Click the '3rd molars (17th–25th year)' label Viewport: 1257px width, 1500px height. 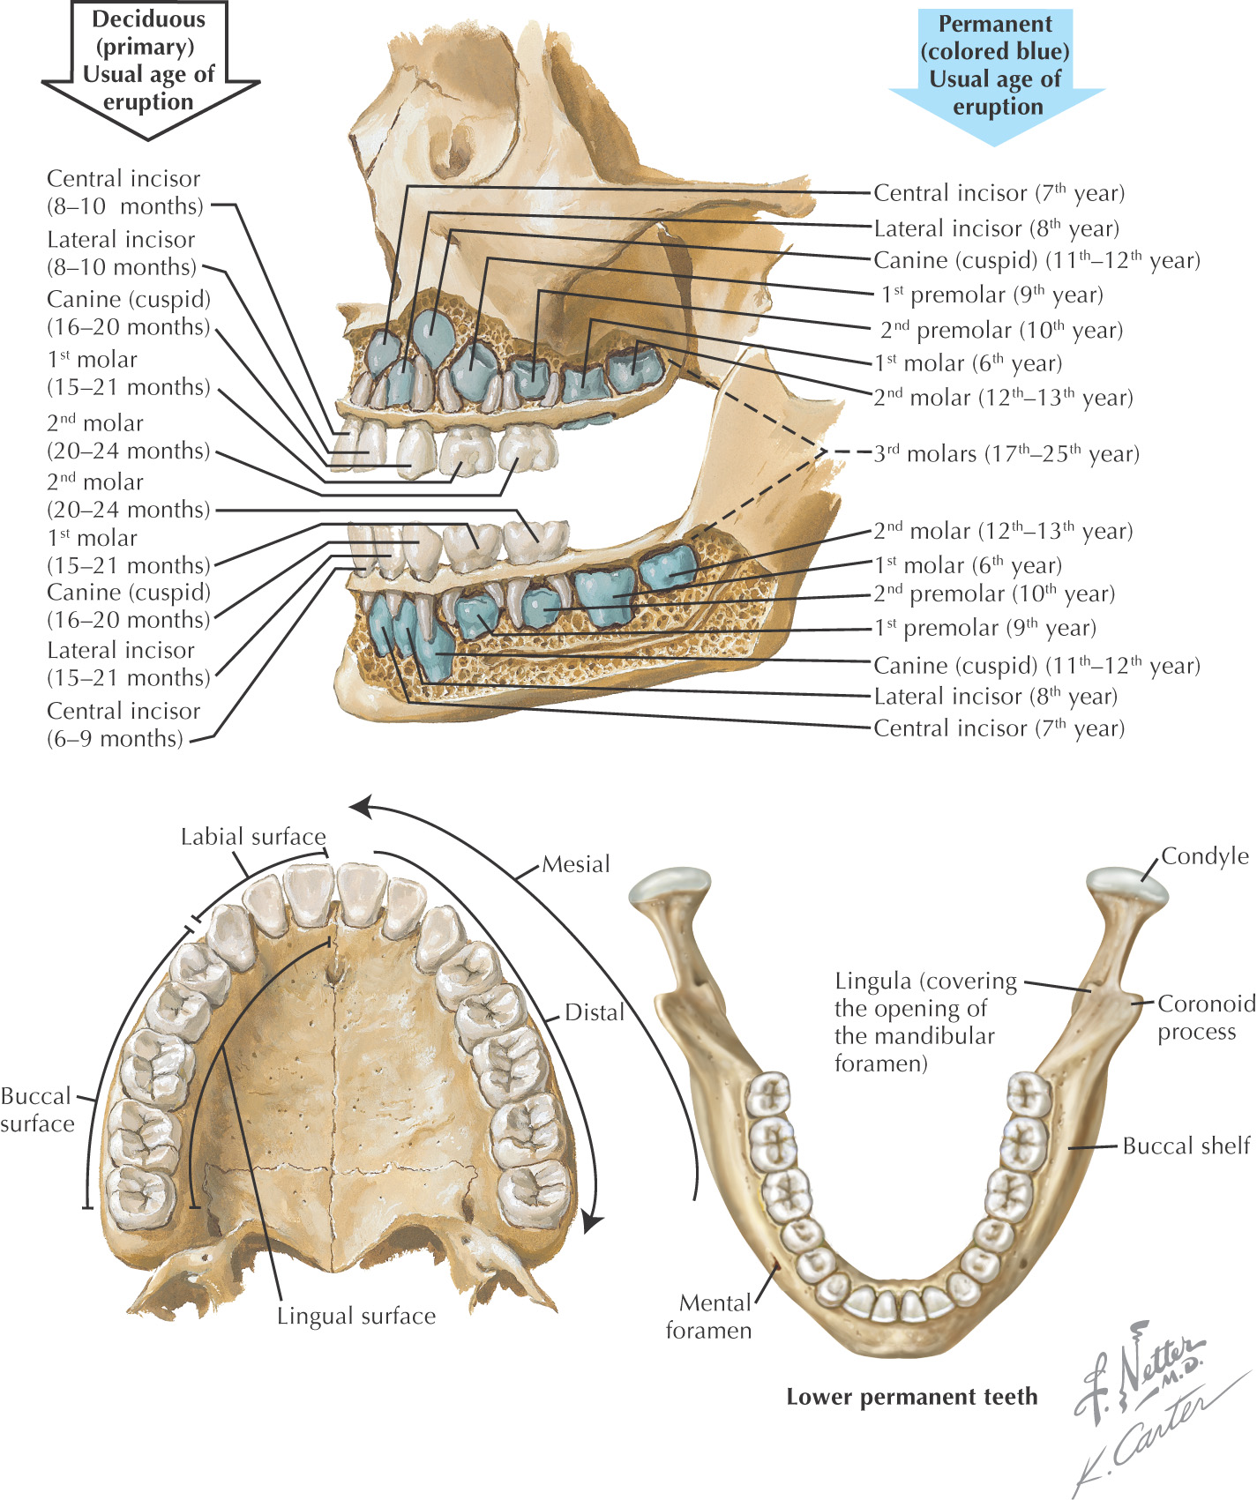pyautogui.click(x=1006, y=454)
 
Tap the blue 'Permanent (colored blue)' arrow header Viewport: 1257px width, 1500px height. pyautogui.click(x=996, y=66)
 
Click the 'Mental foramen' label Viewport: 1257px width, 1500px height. pyautogui.click(x=709, y=1316)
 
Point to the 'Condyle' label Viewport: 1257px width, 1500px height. pyautogui.click(x=1204, y=856)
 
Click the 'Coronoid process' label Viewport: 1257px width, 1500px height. pyautogui.click(x=1205, y=1017)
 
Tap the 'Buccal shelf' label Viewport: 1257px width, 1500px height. pyautogui.click(x=1186, y=1146)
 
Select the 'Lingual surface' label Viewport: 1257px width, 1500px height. pyautogui.click(x=356, y=1316)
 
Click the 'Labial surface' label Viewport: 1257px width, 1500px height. pyautogui.click(x=253, y=837)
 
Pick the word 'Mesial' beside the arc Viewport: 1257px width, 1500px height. pyautogui.click(x=575, y=864)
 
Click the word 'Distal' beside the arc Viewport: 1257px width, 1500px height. pyautogui.click(x=594, y=1012)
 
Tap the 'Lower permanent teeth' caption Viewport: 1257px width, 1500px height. pyautogui.click(x=911, y=1397)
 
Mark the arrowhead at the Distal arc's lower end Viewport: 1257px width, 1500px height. pyautogui.click(x=592, y=1222)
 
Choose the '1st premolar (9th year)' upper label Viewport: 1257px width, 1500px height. pyautogui.click(x=991, y=295)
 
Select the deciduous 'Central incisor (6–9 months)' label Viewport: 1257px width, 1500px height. pyautogui.click(x=123, y=724)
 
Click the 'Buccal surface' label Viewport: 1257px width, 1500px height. pyautogui.click(x=37, y=1109)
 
